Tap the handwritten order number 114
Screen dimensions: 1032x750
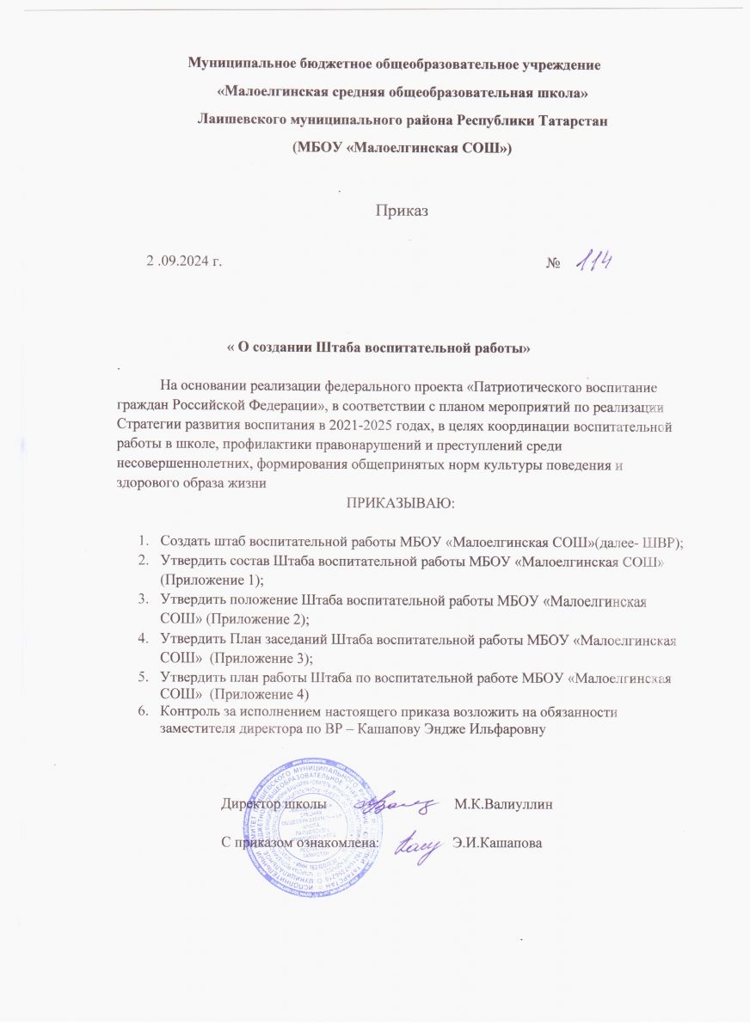[593, 258]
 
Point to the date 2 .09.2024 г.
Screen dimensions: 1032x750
[184, 261]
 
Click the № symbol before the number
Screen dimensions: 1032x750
[554, 261]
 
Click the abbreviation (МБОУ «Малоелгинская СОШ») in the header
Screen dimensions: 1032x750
[403, 147]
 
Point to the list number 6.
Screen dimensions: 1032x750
[144, 712]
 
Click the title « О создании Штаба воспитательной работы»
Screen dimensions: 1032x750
[384, 348]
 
